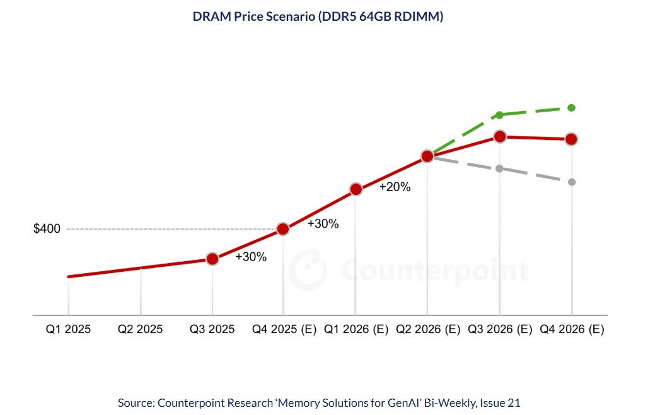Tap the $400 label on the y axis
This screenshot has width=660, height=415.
pos(47,229)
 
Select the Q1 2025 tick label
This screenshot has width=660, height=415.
pos(68,329)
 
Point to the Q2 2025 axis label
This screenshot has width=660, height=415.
pos(140,329)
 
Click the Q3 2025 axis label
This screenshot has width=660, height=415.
pos(212,329)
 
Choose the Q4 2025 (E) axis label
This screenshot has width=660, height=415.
pos(284,329)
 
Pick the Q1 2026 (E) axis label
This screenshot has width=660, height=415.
pos(357,329)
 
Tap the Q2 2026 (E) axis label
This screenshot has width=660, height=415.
pos(429,329)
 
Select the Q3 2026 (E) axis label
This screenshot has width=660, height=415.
pos(501,329)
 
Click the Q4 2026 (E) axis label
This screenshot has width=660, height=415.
pos(572,329)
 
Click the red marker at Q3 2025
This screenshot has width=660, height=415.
pos(212,259)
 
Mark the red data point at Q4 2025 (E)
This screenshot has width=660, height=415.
pos(283,229)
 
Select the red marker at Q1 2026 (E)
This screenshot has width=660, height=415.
pos(356,189)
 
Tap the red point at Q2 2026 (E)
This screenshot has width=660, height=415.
pos(427,156)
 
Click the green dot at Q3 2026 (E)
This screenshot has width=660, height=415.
pos(500,115)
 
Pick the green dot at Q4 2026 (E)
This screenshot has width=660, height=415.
pos(572,108)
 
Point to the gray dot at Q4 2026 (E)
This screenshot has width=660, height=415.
pos(572,182)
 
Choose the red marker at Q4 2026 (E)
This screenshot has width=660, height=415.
pos(572,139)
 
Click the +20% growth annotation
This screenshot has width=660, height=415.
pos(395,187)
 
